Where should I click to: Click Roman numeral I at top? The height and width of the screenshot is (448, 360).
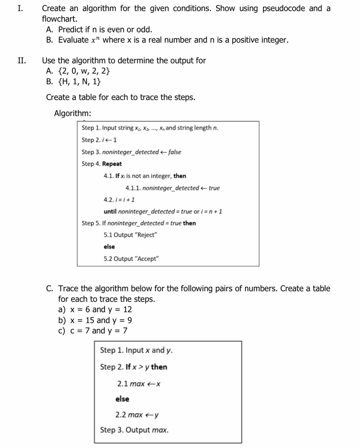(20, 8)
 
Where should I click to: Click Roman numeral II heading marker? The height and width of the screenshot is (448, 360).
(22, 60)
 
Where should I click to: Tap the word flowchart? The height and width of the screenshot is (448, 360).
(59, 19)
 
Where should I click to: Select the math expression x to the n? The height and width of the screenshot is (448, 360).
(96, 40)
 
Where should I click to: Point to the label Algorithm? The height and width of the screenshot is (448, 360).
(72, 113)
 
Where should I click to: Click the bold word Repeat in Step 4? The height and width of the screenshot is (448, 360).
(112, 164)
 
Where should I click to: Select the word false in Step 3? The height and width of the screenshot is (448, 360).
(174, 152)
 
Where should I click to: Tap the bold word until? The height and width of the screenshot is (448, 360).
(110, 212)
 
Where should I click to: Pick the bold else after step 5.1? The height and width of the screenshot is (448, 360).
(109, 247)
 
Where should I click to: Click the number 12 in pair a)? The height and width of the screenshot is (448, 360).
(127, 310)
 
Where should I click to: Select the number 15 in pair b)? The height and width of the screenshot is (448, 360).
(90, 320)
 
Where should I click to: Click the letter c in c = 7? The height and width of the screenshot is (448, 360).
(72, 331)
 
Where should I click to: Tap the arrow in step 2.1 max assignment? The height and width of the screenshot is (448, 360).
(151, 384)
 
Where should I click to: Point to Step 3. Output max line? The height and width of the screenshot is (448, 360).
(134, 430)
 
